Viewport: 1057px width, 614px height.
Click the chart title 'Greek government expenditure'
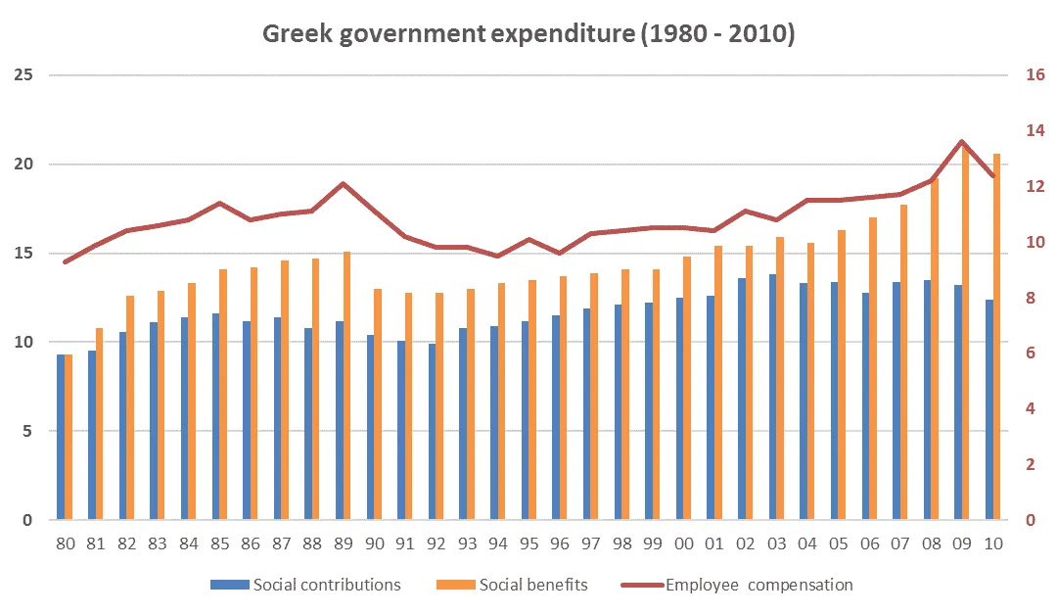528,34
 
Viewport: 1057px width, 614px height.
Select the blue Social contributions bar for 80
61,437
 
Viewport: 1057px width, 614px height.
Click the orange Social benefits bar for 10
997,337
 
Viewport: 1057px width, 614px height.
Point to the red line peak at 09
962,142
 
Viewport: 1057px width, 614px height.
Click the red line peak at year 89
343,183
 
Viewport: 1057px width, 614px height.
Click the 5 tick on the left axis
26,432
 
